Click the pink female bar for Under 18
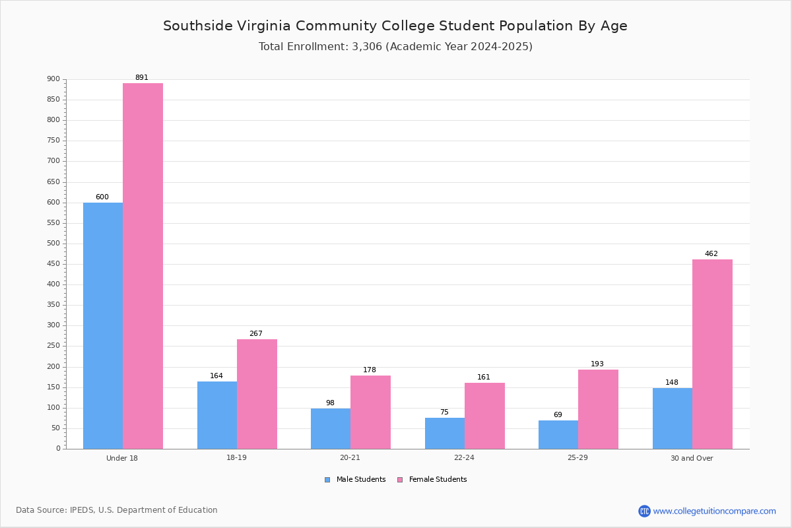143,266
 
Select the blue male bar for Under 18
103,326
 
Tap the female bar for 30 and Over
712,354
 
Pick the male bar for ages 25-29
558,435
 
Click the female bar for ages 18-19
257,394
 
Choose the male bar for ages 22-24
445,433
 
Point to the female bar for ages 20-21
370,412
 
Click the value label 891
142,77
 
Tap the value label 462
711,253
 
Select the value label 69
558,414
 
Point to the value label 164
216,376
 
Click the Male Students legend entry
355,479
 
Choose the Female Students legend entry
432,479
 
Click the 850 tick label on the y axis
53,100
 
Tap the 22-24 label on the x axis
464,457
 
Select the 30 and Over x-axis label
692,458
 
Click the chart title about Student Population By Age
395,26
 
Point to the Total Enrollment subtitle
395,46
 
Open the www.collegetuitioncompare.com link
714,511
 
